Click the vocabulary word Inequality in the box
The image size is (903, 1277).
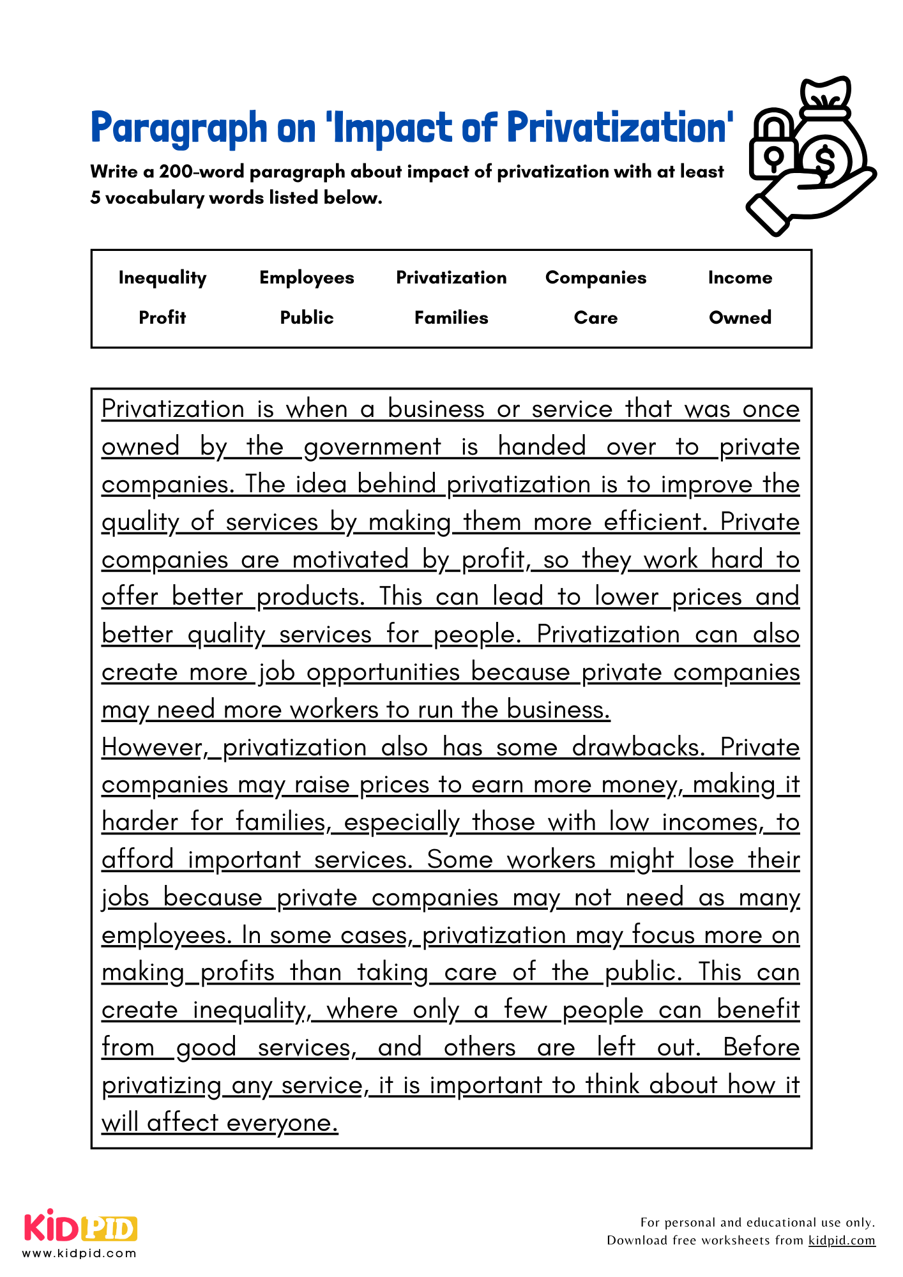pos(162,278)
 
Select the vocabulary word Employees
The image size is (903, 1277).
pos(307,278)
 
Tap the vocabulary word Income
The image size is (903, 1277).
pos(740,278)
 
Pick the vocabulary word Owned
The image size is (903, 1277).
pos(740,317)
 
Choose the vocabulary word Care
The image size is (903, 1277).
pos(595,317)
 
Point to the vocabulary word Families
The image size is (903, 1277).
pos(451,317)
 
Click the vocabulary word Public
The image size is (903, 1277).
pos(307,317)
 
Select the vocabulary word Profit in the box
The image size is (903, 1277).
pos(162,317)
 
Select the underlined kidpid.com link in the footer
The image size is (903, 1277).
pos(841,1241)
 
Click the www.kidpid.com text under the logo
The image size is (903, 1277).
pos(79,1253)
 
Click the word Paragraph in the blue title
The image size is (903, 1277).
pos(179,128)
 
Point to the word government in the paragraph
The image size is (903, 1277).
pos(372,446)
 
